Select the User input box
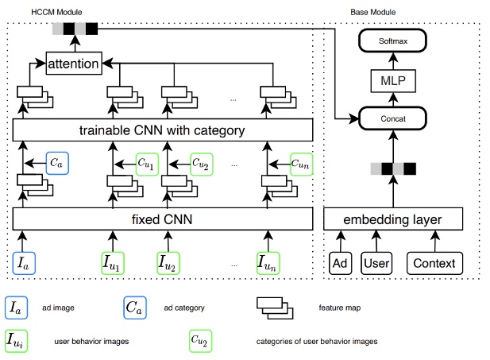coord(378,262)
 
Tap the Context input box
coord(434,262)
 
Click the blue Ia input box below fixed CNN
coord(23,261)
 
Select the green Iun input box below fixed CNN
coord(271,261)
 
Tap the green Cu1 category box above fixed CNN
coord(147,164)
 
